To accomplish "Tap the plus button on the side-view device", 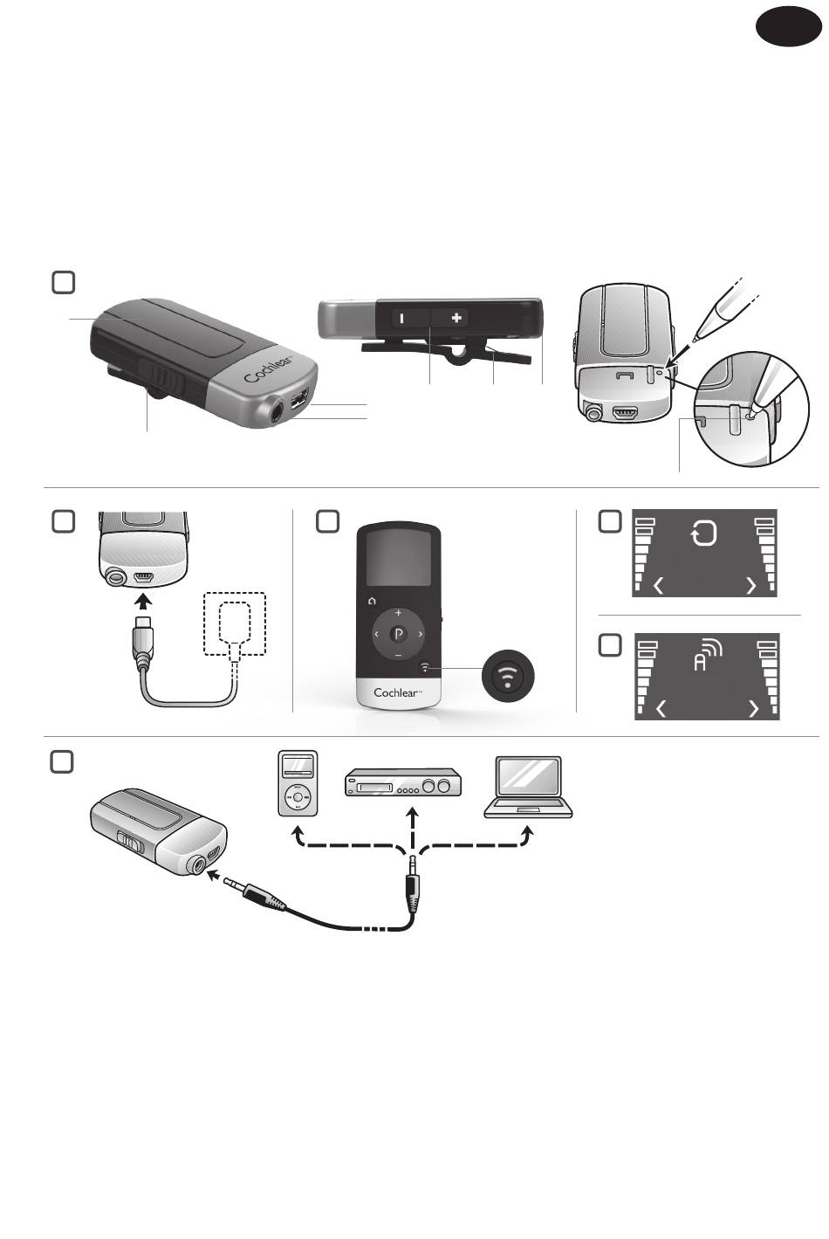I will [x=456, y=319].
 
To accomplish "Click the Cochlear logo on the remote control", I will [x=398, y=692].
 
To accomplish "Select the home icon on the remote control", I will [x=373, y=601].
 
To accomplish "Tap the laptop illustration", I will [x=529, y=787].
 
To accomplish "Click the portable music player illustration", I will [x=298, y=783].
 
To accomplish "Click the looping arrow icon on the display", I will [x=703, y=533].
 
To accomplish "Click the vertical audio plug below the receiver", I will [x=413, y=883].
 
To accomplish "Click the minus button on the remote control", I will [x=398, y=655].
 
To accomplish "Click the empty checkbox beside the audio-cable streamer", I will [x=62, y=761].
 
